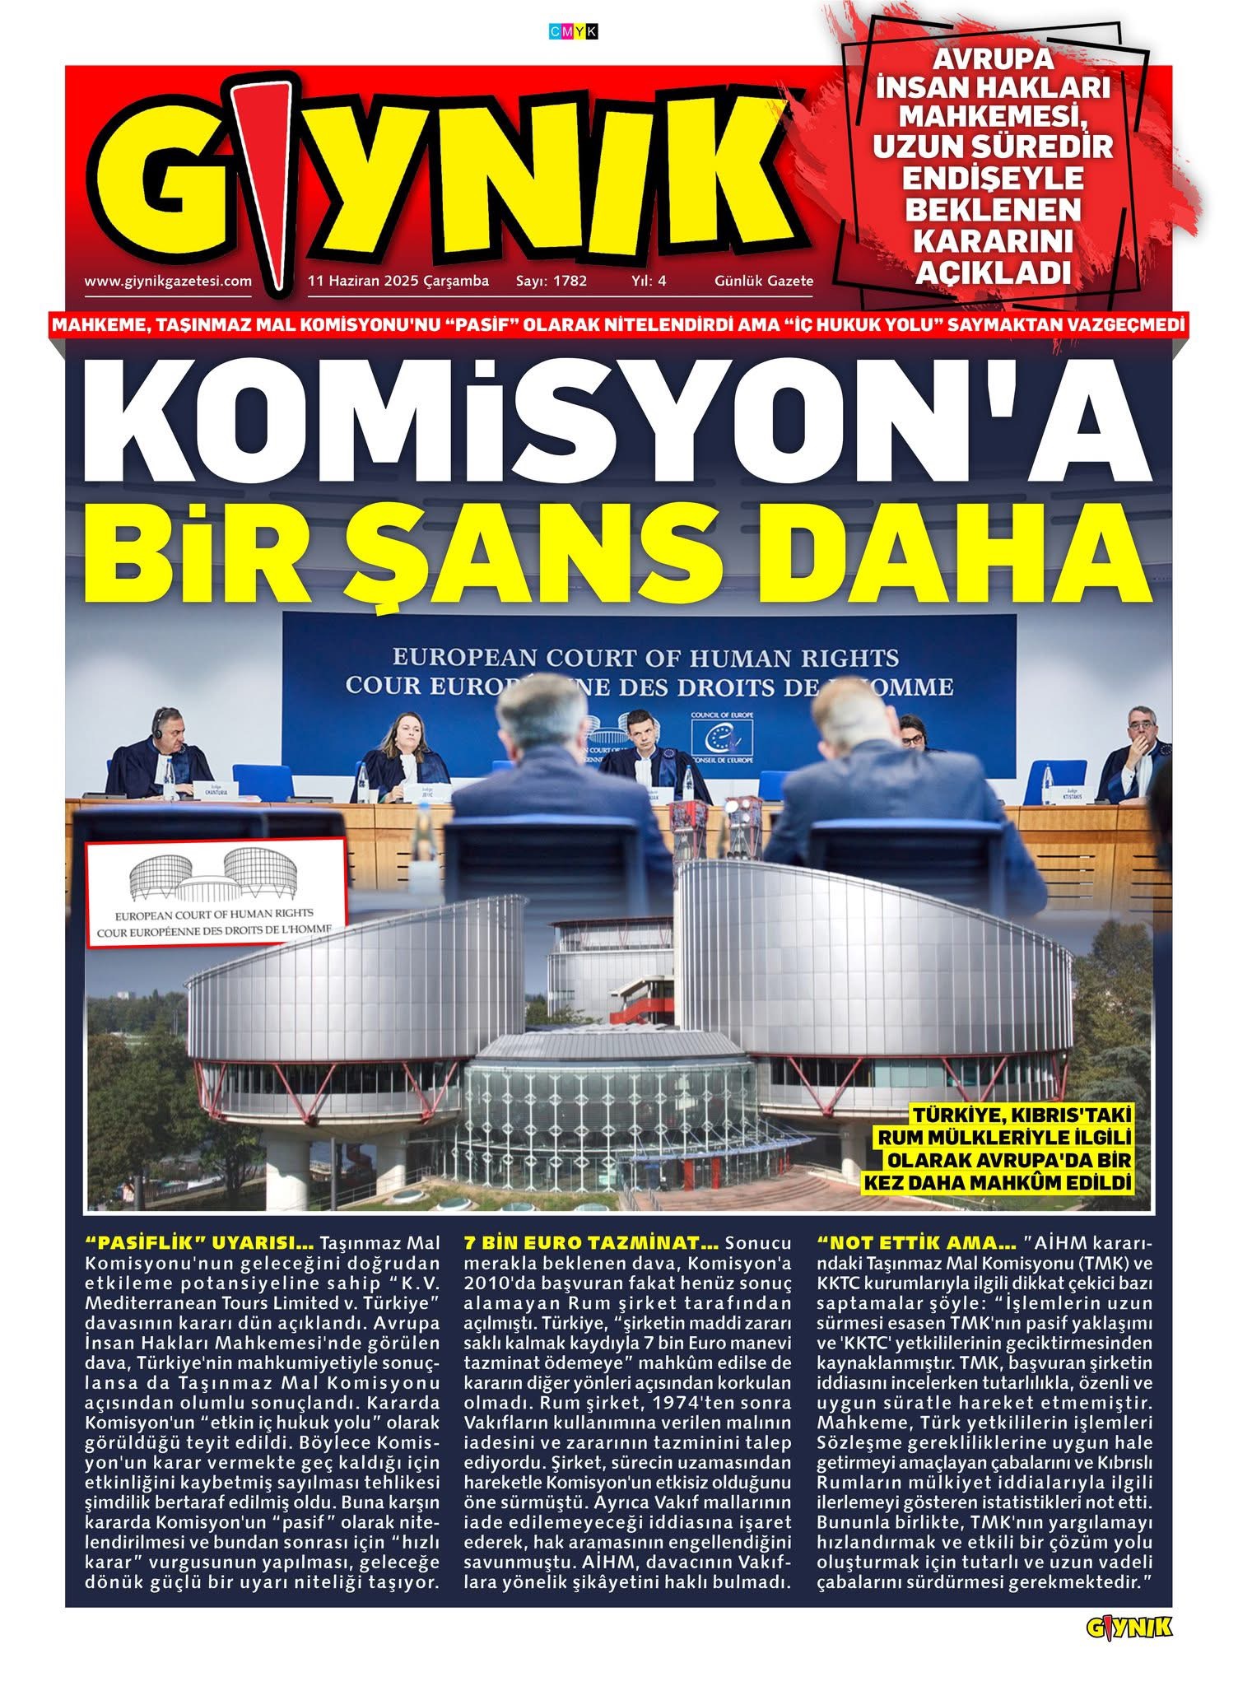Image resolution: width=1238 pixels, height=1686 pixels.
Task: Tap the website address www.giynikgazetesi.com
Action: tap(168, 281)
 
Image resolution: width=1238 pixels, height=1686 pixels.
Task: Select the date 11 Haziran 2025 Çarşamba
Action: tap(398, 281)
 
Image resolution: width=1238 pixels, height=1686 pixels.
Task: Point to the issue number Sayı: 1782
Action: tap(552, 281)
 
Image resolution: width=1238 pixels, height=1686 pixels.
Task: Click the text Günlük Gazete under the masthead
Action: tap(763, 281)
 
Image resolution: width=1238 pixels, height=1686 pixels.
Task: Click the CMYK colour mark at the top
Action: tap(573, 32)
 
